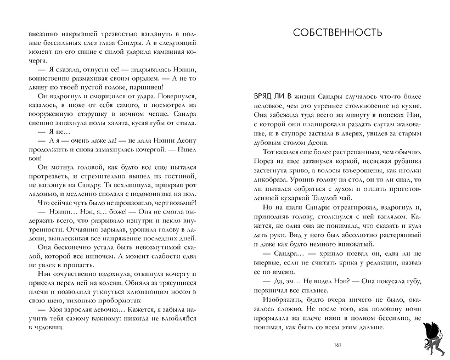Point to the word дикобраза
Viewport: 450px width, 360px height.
click(269, 178)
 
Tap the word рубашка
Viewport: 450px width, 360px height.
click(407, 159)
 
